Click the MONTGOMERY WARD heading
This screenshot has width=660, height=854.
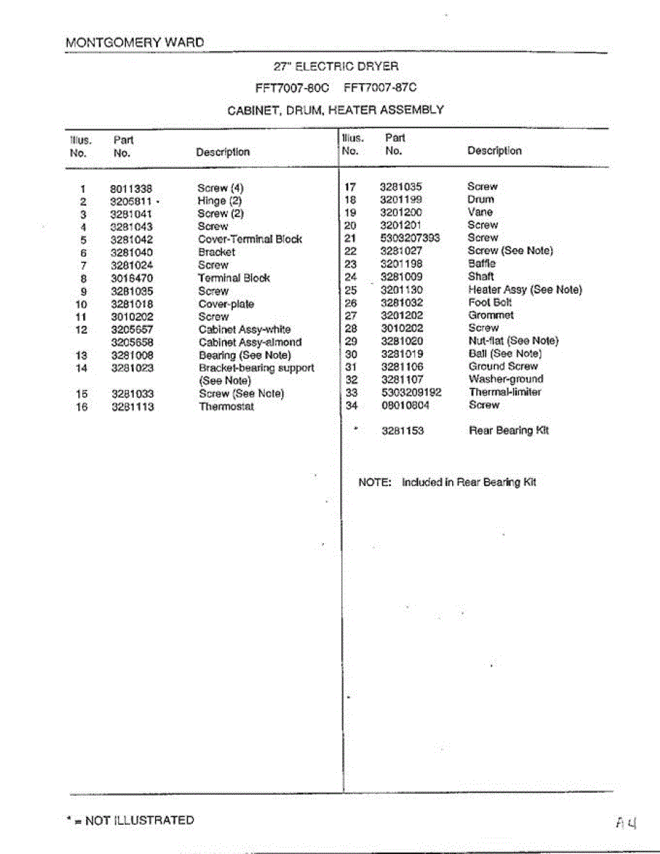[x=135, y=42]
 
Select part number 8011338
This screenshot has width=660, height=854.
[x=132, y=189]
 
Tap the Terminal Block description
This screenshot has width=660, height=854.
[x=234, y=278]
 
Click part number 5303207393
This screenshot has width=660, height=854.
[x=409, y=238]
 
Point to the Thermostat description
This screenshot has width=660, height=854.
[x=226, y=407]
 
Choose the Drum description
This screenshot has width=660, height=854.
[x=481, y=200]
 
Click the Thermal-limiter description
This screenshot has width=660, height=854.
[x=504, y=392]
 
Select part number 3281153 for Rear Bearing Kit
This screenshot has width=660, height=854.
[x=402, y=431]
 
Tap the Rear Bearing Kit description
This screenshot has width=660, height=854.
[x=508, y=431]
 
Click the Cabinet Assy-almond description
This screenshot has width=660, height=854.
[x=250, y=342]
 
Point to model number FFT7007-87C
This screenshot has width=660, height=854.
[x=379, y=88]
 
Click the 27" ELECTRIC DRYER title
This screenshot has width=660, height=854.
[x=336, y=67]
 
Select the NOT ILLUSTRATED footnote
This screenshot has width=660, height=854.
[x=130, y=821]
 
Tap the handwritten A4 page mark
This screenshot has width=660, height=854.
[x=626, y=823]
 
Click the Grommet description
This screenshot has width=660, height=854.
[x=491, y=315]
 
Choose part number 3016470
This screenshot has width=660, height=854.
[x=132, y=278]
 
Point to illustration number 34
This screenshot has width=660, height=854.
[x=350, y=406]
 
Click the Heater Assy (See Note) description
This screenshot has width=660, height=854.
[x=525, y=290]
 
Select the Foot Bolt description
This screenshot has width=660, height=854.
[x=490, y=302]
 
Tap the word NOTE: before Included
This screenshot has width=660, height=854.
[x=375, y=483]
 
